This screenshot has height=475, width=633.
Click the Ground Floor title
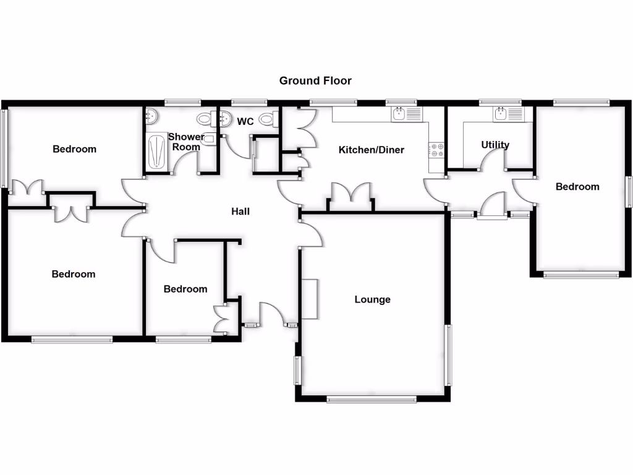tap(315, 80)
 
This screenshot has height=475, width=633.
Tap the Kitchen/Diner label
tap(371, 150)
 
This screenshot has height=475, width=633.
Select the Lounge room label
tap(372, 299)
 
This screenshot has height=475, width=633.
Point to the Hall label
tap(240, 212)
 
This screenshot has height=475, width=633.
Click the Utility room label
tap(495, 145)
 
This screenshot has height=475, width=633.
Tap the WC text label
tap(245, 122)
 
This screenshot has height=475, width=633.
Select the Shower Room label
tap(186, 142)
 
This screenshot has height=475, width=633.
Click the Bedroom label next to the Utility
tap(577, 186)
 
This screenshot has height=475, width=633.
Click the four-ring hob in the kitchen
tap(436, 150)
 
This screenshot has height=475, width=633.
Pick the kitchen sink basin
tap(399, 114)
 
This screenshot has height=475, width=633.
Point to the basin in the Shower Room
tap(151, 115)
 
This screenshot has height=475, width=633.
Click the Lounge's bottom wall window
tap(372, 400)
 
